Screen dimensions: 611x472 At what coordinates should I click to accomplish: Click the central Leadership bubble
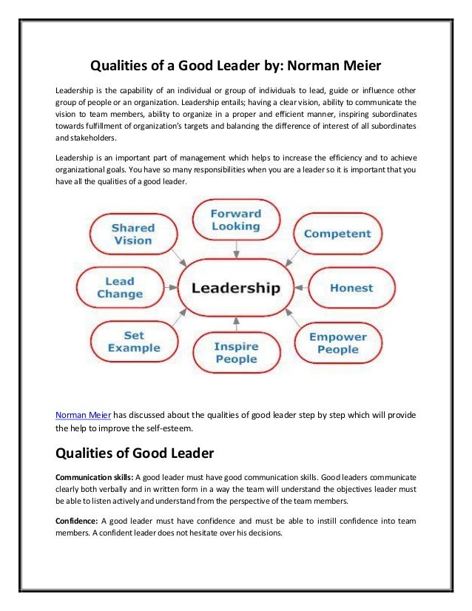coord(236,287)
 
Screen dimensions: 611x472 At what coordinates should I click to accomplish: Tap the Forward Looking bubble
coord(235,220)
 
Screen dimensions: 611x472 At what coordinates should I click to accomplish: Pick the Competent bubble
coord(337,234)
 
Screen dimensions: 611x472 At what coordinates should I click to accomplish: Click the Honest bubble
coord(351,287)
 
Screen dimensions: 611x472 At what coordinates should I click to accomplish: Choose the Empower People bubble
coord(337,343)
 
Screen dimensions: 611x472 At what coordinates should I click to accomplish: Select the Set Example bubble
coord(133,342)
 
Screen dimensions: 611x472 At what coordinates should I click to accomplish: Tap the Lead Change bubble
coord(120,287)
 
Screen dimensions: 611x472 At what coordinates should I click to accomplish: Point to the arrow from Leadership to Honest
coord(300,287)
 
